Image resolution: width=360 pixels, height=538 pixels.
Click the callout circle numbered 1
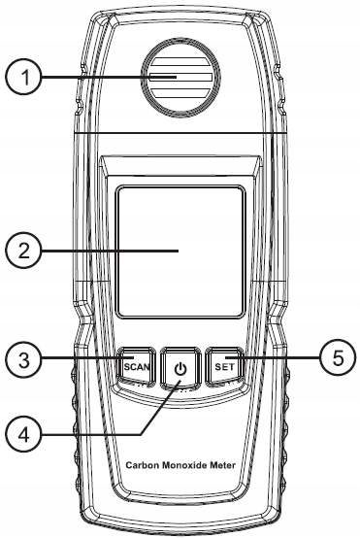[23, 77]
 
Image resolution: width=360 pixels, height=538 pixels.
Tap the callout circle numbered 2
[23, 252]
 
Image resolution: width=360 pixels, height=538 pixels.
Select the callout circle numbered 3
[23, 359]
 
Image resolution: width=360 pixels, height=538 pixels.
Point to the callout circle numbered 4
[23, 435]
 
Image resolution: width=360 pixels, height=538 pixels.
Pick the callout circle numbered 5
[338, 358]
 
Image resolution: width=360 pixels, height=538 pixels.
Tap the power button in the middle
[180, 369]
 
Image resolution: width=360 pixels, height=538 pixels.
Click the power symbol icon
[180, 370]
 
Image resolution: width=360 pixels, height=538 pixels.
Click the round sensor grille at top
[181, 77]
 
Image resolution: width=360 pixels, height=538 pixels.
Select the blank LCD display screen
[180, 252]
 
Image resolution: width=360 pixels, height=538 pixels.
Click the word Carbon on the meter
[143, 465]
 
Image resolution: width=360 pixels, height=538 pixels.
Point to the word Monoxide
[184, 465]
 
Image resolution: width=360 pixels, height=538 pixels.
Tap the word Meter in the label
[222, 465]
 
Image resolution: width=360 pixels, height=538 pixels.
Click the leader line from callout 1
[109, 77]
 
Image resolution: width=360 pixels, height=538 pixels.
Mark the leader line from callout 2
[110, 252]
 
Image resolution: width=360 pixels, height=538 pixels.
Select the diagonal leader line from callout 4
[160, 408]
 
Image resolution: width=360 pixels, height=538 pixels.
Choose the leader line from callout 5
[277, 358]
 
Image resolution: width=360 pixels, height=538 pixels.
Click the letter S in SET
[218, 367]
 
